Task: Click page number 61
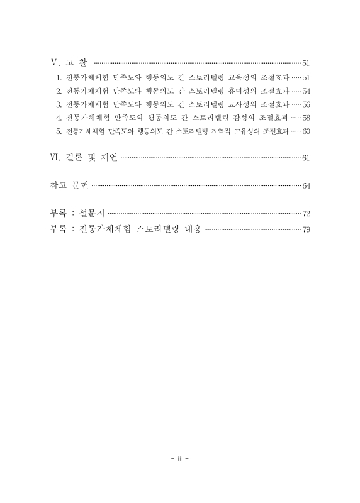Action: click(307, 157)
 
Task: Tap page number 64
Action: click(307, 185)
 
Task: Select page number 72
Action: click(307, 214)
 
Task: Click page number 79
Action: click(307, 229)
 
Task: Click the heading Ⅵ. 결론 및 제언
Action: click(83, 157)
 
